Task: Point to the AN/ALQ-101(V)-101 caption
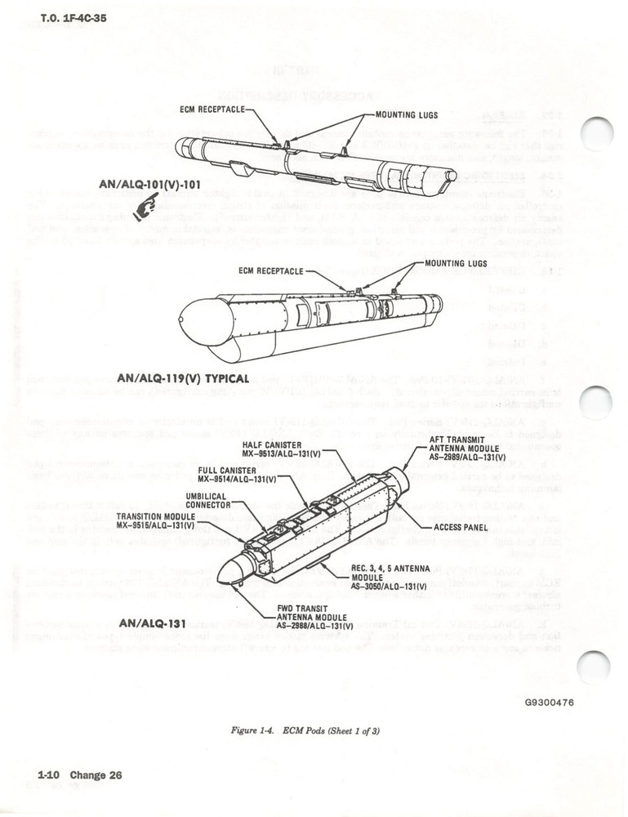tap(149, 185)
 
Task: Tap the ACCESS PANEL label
tap(461, 527)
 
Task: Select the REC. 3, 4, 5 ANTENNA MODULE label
tap(384, 577)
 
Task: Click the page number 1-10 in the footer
tap(51, 775)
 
